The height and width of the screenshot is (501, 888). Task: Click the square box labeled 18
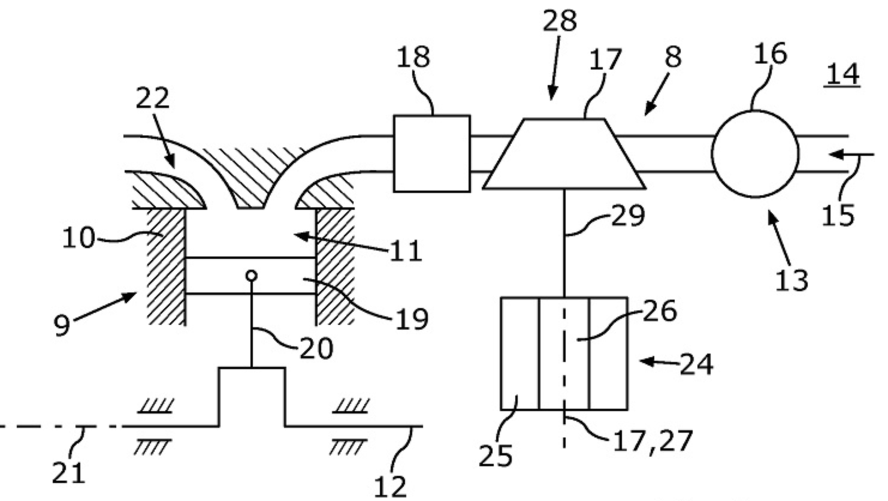431,153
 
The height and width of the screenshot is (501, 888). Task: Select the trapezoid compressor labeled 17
564,155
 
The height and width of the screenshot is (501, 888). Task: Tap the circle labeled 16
755,154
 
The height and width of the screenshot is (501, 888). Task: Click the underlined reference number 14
842,74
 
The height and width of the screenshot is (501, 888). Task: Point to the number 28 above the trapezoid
560,22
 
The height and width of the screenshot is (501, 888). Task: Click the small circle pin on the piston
252,276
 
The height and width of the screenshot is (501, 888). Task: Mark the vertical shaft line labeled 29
564,243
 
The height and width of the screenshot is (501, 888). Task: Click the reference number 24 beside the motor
696,364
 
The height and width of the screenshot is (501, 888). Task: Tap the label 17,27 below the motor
652,441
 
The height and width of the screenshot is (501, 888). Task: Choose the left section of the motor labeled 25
519,354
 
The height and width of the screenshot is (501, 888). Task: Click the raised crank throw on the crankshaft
252,396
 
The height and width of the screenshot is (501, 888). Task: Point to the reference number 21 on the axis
68,473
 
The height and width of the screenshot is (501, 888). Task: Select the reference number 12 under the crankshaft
390,486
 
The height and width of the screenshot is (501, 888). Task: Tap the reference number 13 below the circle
792,280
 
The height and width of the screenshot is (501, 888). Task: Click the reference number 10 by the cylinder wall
78,239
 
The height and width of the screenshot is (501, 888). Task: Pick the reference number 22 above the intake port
152,98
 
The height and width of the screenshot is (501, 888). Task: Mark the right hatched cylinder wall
335,267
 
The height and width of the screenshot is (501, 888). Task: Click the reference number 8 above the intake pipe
673,58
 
